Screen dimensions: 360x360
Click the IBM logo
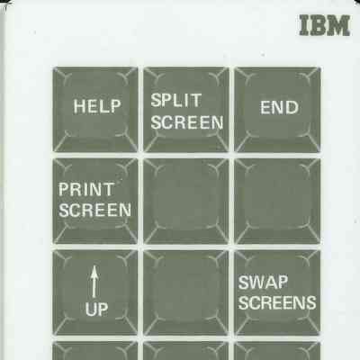pos(325,25)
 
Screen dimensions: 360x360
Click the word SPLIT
pos(175,100)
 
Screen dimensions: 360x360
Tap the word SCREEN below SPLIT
pos(187,122)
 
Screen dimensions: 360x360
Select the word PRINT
pos(86,189)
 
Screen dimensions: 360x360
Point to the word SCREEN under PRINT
pos(94,210)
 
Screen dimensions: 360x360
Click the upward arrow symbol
pos(94,282)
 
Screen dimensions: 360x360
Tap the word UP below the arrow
pos(96,310)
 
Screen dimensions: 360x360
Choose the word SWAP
pos(263,282)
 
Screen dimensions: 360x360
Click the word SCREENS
pos(277,302)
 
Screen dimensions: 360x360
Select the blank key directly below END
pos(277,202)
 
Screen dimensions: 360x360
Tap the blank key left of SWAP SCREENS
pos(186,292)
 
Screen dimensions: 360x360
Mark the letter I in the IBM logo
pos(304,25)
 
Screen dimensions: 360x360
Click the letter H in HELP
pos(79,106)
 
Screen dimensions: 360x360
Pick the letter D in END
pos(292,107)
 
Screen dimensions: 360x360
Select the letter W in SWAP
pos(258,282)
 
